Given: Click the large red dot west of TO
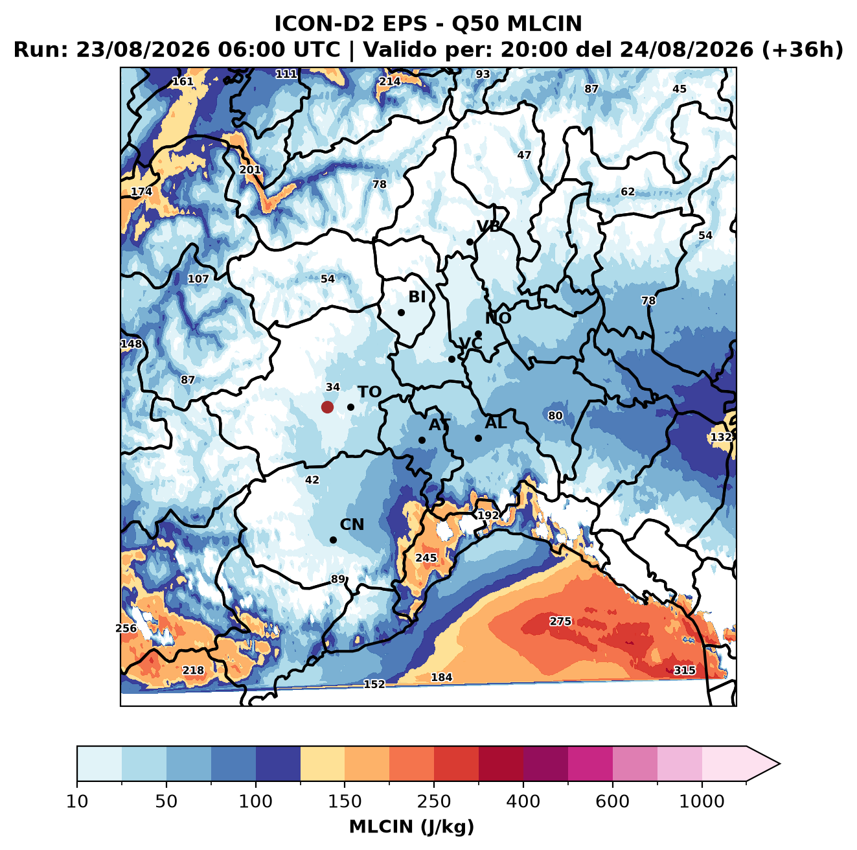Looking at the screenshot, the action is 327,407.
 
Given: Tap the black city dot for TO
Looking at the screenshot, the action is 350,407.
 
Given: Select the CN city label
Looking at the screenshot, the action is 352,525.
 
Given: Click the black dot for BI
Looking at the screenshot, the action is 401,313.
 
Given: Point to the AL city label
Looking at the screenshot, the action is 496,423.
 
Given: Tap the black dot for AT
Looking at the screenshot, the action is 422,441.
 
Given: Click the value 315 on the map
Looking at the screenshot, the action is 685,670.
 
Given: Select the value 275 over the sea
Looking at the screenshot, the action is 560,621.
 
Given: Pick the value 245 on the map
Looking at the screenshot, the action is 426,558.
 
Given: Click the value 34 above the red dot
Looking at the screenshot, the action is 333,387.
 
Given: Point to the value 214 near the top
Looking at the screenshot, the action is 389,82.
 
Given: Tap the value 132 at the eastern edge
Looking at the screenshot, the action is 720,437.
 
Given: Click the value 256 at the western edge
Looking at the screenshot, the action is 126,628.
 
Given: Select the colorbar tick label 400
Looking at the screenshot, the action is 523,801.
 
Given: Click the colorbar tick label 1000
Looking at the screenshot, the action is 702,801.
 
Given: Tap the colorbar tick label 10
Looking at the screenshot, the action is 77,801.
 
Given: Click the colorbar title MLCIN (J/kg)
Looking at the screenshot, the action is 411,827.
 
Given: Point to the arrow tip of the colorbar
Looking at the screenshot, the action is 780,764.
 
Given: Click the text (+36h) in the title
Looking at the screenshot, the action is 803,50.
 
